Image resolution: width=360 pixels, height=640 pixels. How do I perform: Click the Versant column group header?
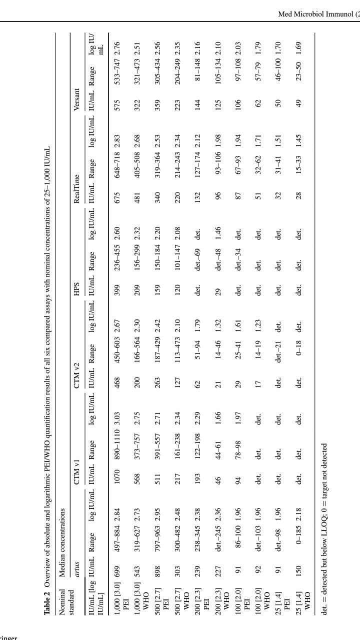76,94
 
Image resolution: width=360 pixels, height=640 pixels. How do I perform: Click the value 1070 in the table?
117,477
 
